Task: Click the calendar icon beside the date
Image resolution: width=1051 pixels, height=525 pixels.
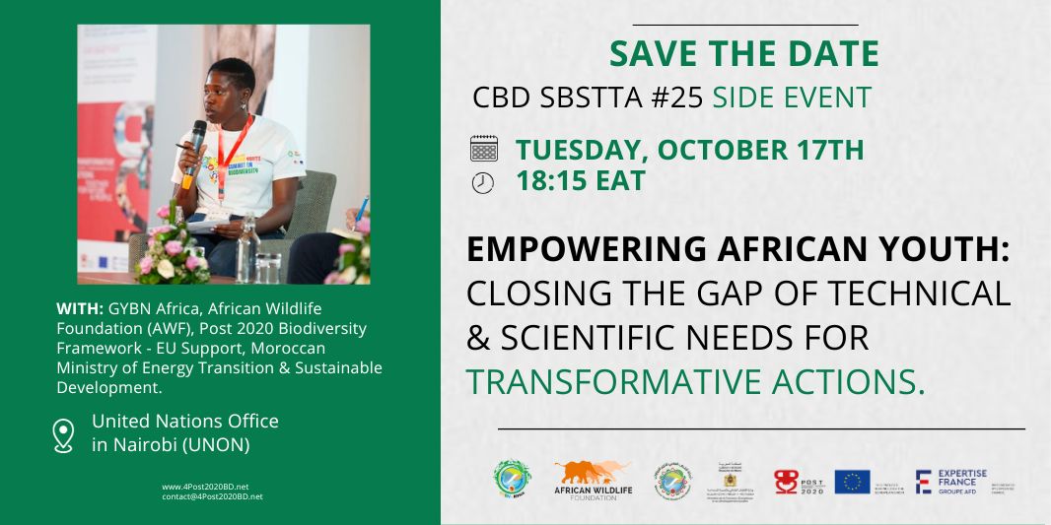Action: [x=483, y=150]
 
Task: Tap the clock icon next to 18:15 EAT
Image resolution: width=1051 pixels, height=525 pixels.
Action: [x=483, y=182]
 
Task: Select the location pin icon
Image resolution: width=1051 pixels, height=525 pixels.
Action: [x=64, y=434]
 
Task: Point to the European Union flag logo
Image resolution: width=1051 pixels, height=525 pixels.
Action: [x=852, y=481]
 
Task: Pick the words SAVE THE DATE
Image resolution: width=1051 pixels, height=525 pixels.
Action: [x=743, y=54]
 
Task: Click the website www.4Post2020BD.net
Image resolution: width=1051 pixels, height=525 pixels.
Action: [x=205, y=487]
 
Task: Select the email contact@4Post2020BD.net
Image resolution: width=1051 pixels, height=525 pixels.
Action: [x=212, y=496]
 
